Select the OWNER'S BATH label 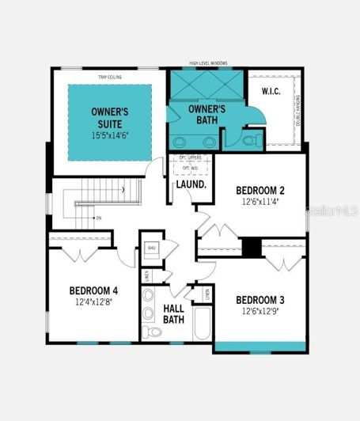(207, 115)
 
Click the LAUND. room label (191, 184)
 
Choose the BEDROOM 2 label (260, 190)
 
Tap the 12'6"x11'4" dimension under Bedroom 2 (260, 201)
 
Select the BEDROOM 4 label (93, 290)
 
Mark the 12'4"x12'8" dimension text (93, 302)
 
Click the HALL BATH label (174, 313)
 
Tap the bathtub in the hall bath (201, 324)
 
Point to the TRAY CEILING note (109, 77)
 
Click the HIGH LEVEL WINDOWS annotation (207, 64)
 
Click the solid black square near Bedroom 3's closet (251, 247)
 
